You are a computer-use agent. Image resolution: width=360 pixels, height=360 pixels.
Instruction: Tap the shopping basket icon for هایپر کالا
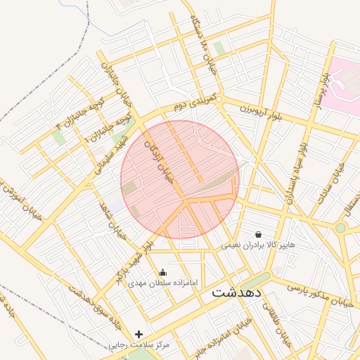pos(258,234)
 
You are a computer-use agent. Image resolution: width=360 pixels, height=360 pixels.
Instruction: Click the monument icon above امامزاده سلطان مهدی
pos(163,272)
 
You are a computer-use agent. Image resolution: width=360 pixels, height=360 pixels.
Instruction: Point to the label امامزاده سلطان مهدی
pos(163,283)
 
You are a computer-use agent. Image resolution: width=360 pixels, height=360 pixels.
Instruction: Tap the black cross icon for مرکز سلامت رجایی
pos(139,334)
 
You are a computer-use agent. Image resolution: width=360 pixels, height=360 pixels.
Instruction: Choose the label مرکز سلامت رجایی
pos(139,345)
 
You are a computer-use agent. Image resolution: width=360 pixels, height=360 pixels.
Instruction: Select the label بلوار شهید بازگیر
pos(136,260)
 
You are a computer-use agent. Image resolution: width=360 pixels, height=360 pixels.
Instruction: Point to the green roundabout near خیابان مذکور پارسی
pos(340,228)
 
